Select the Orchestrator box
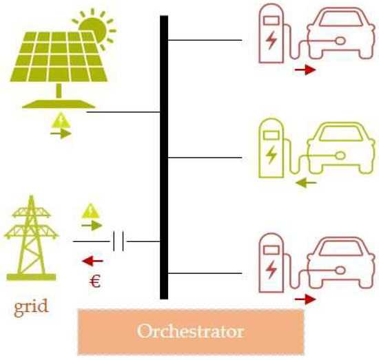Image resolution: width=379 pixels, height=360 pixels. (190, 332)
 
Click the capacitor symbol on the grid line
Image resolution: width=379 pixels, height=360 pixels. (118, 242)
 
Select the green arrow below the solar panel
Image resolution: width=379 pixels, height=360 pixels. (61, 134)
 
